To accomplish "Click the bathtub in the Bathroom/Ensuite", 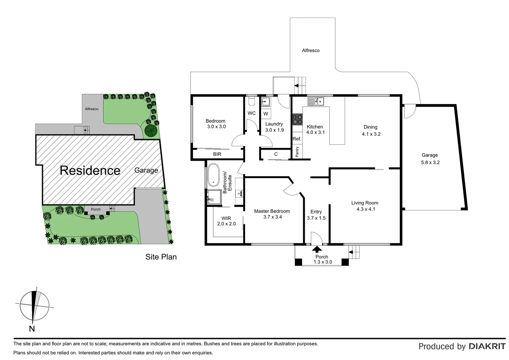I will pos(214,175).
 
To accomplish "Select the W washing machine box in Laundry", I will pos(266,114).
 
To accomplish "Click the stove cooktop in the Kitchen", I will pos(297,119).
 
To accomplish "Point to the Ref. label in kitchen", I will pos(297,139).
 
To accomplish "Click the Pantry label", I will pos(297,152).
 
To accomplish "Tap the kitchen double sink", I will pos(315,101).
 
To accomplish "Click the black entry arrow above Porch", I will pos(317,249).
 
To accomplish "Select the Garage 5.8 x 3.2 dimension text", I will pos(430,163).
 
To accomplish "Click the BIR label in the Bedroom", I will pos(217,154).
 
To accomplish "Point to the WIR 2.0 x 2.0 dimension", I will pos(227,224).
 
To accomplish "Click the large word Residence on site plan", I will pos(90,170).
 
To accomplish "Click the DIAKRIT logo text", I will pos(487,346).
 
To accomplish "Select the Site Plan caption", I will pos(161,257).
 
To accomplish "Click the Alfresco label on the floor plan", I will pos(310,51).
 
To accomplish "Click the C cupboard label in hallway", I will pos(276,154).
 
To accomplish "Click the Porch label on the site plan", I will pos(96,209).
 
